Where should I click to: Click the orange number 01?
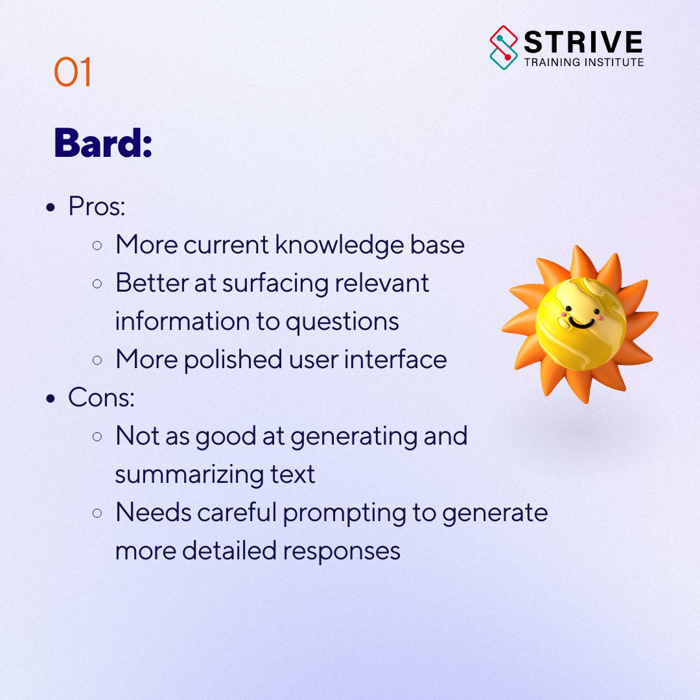[x=73, y=73]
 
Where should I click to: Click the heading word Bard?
[x=103, y=144]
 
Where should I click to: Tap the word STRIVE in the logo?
[x=583, y=43]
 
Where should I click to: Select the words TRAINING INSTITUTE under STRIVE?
[x=583, y=63]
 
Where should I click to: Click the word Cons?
[x=101, y=398]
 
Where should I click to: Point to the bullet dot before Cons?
[x=51, y=399]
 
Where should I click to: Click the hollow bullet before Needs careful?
[x=97, y=513]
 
